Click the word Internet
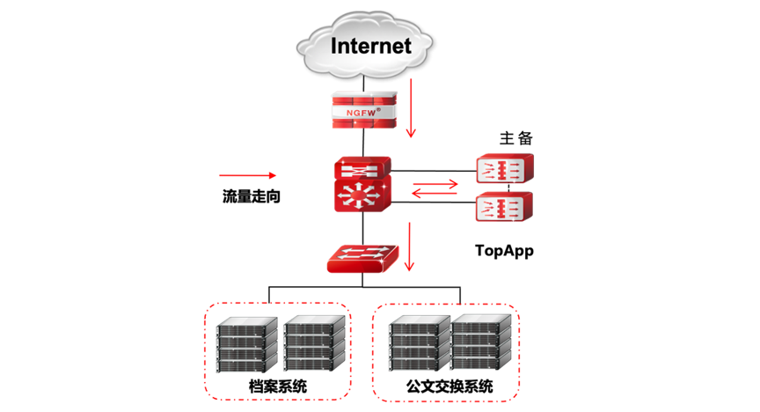(x=370, y=46)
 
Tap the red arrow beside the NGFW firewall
(x=410, y=114)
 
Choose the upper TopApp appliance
(x=503, y=167)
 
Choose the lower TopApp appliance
(x=503, y=208)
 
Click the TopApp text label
(x=504, y=251)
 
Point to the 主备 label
(x=516, y=138)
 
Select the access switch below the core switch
(x=362, y=258)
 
